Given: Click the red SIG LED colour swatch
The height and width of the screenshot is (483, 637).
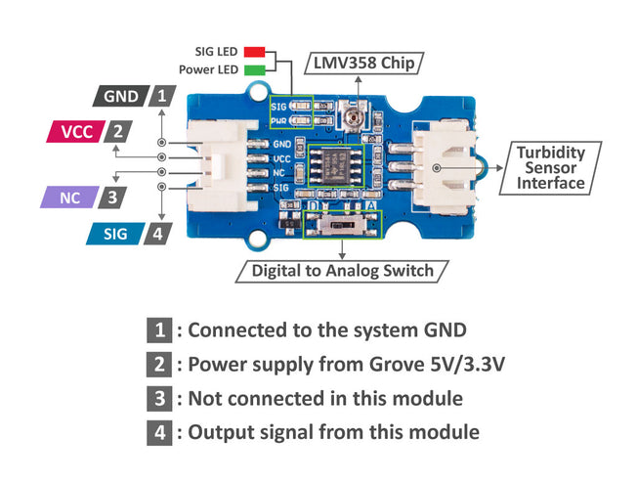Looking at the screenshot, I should point(255,51).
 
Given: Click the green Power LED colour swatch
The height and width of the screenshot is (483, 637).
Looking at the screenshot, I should point(255,70).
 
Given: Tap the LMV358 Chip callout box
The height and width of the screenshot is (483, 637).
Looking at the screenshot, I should point(362,64).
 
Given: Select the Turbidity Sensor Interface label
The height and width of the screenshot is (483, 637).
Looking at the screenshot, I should point(551,168).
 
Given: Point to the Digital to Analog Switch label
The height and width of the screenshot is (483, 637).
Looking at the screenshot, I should point(342,270).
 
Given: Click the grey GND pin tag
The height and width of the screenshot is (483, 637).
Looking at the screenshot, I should point(120,96).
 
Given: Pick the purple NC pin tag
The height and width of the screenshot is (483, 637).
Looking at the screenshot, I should point(68,198).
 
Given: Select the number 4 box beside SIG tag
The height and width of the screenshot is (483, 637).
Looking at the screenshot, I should point(157,234).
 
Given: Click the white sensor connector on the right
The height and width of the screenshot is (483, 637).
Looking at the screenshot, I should point(445,167).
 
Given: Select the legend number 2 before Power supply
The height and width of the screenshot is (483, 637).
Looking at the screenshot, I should point(160,365).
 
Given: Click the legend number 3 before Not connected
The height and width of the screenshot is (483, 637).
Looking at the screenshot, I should point(160,398).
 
